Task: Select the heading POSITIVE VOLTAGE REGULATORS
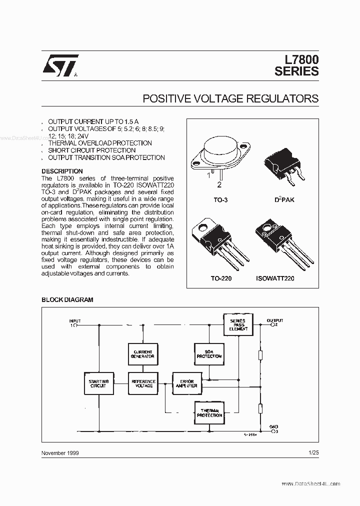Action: pyautogui.click(x=230, y=98)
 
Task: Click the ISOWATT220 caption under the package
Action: pyautogui.click(x=275, y=278)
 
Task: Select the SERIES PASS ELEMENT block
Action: pyautogui.click(x=238, y=324)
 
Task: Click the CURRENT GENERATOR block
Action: pyautogui.click(x=143, y=354)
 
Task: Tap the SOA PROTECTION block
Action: pyautogui.click(x=208, y=354)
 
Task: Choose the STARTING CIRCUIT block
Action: pyautogui.click(x=98, y=383)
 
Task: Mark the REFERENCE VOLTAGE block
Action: pyautogui.click(x=143, y=383)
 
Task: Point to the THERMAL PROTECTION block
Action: pyautogui.click(x=208, y=412)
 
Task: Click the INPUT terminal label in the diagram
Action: pyautogui.click(x=74, y=321)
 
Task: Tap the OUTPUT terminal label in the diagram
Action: pyautogui.click(x=275, y=320)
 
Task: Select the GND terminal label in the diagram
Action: pyautogui.click(x=274, y=427)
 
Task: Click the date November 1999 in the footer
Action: pyautogui.click(x=59, y=452)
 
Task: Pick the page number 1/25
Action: pyautogui.click(x=313, y=452)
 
